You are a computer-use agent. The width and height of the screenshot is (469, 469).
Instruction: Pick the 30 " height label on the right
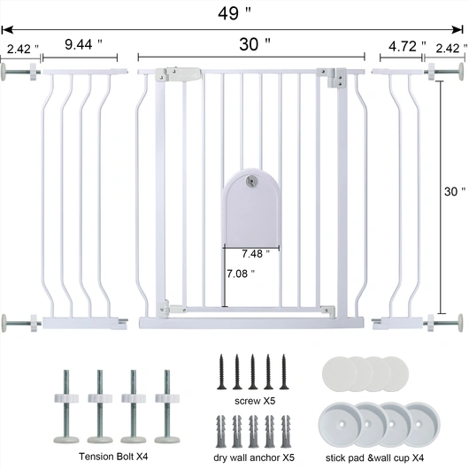[x=453, y=191]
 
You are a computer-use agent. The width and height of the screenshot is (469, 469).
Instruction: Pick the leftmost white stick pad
[x=339, y=369]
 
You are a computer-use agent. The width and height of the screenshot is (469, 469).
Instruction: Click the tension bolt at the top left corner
[x=22, y=68]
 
